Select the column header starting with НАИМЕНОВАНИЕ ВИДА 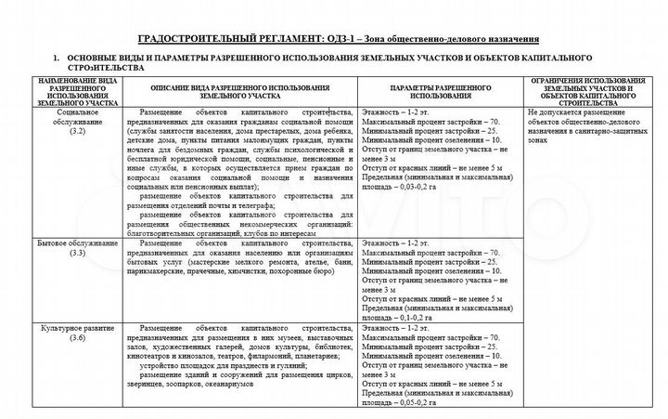[x=76, y=95]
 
